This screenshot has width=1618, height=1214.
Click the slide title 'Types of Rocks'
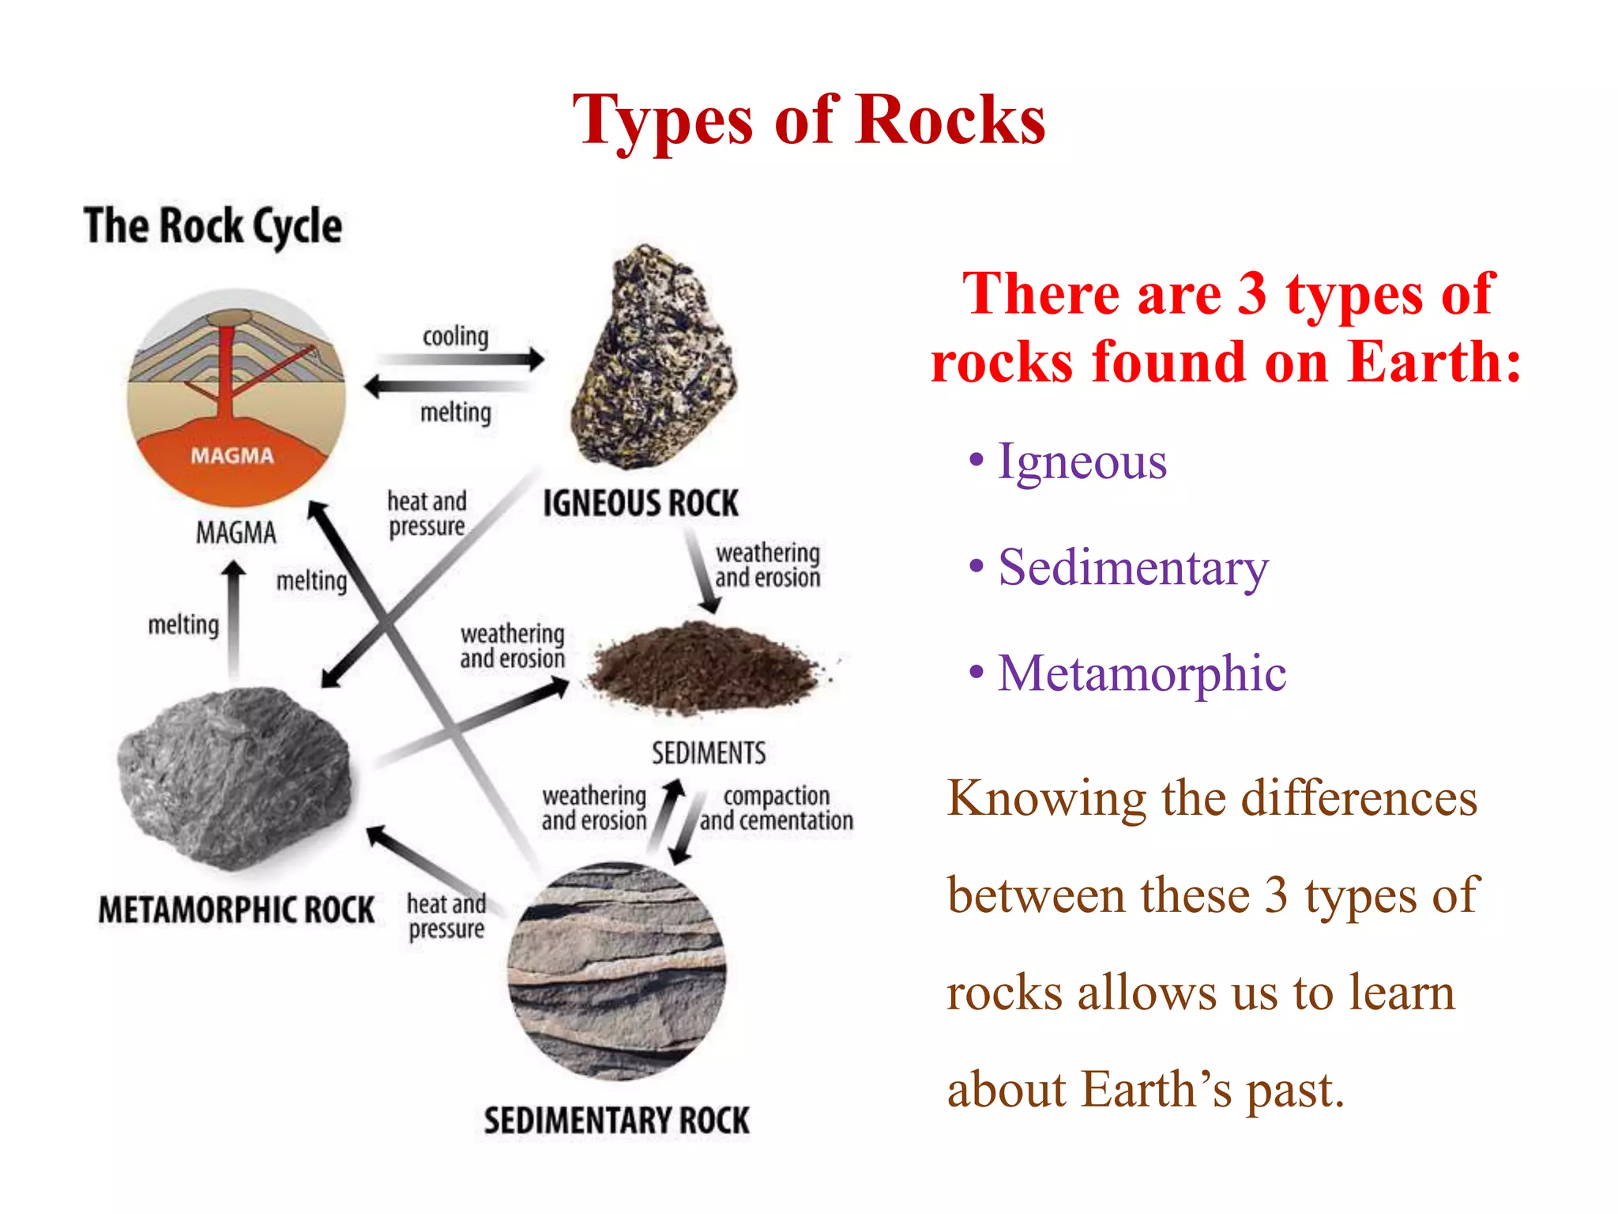pos(809,120)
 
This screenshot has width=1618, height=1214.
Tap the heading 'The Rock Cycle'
pos(213,226)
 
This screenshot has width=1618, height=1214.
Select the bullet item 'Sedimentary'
pos(1133,567)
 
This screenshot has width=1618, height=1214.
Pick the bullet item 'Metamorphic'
pos(1142,673)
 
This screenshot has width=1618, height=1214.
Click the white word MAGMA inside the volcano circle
pos(232,455)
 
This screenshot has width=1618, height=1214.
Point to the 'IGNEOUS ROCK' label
pos(641,503)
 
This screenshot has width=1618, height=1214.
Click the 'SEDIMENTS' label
pos(709,753)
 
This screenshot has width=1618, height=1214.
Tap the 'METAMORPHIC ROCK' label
pos(236,910)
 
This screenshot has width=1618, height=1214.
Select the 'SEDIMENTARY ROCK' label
pos(616,1121)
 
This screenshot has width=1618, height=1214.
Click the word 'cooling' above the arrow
pos(456,337)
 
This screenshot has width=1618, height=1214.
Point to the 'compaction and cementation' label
pos(777,808)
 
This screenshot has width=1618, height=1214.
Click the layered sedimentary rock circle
pos(616,972)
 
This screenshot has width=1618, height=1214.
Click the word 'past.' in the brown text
pos(1295,1090)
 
